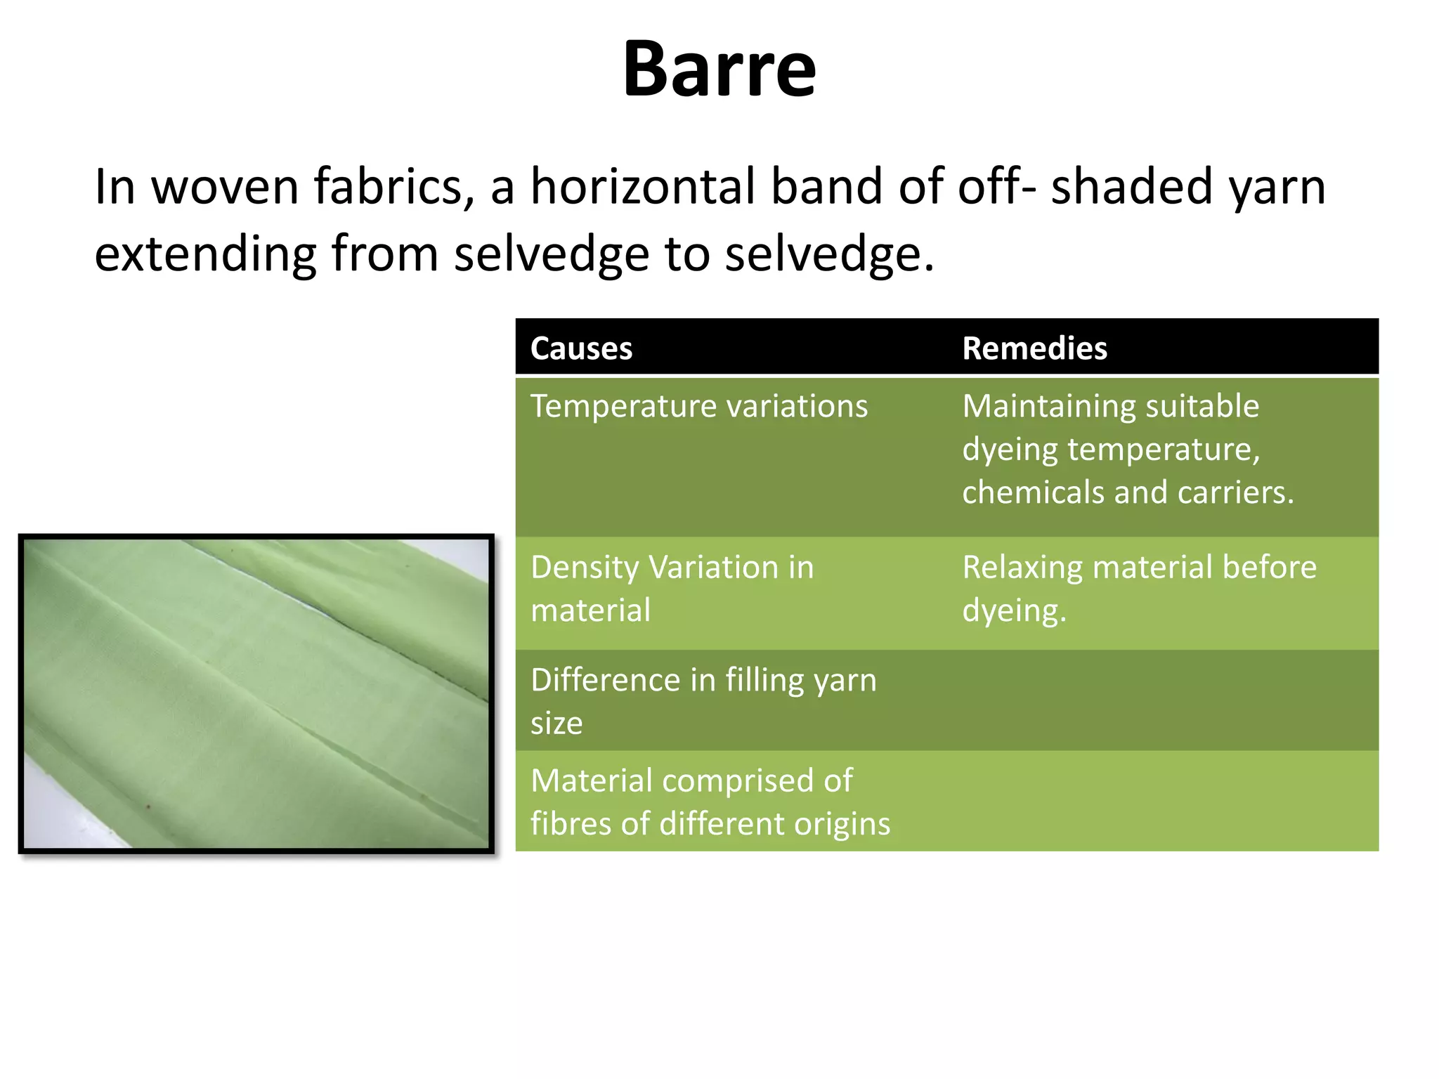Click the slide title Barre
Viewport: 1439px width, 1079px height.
click(x=719, y=69)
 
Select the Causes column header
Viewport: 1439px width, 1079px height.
click(x=581, y=348)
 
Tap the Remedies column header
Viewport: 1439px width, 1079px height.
click(x=1034, y=348)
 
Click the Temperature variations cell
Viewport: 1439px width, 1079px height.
click(x=699, y=407)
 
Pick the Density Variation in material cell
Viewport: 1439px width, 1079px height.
click(x=672, y=589)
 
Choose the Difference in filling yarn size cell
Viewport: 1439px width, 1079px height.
click(x=703, y=701)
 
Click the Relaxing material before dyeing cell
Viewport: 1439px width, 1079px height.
click(x=1138, y=589)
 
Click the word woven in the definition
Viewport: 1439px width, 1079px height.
click(x=225, y=187)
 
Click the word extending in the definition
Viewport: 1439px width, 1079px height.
click(x=205, y=254)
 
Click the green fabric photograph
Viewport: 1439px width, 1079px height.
click(x=256, y=693)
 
